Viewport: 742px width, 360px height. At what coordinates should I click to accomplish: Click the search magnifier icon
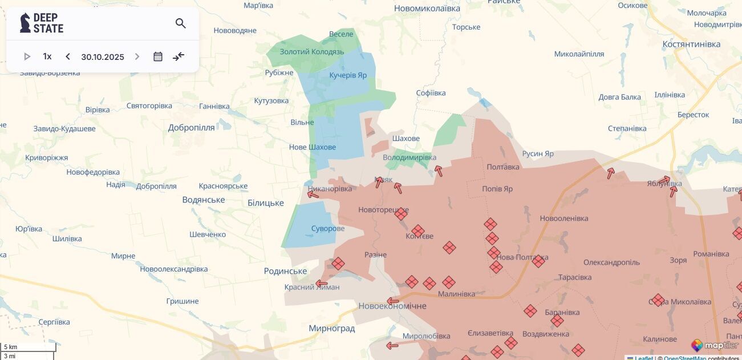tap(181, 23)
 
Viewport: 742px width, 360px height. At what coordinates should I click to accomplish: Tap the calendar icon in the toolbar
tap(158, 56)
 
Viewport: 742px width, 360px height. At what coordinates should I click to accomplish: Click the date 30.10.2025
tap(103, 57)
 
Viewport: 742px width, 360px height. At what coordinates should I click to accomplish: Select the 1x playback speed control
tap(47, 56)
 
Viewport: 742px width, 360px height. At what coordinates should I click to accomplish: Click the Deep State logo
tap(42, 23)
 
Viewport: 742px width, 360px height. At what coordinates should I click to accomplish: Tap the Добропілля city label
tap(191, 128)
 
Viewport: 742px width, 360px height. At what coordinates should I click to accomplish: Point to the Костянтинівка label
tap(691, 45)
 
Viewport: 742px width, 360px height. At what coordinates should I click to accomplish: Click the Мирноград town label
tap(331, 329)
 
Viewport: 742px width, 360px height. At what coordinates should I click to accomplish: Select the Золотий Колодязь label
tap(312, 52)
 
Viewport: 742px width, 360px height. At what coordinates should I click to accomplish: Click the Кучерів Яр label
tap(348, 75)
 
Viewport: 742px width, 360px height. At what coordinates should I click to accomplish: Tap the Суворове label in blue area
tap(328, 229)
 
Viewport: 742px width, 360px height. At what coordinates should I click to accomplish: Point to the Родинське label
tap(285, 272)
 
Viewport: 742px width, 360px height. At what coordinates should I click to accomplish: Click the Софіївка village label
tap(431, 93)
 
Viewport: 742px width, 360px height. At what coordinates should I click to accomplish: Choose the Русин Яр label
tap(538, 154)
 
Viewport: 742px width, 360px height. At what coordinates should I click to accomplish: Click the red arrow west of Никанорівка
tap(313, 195)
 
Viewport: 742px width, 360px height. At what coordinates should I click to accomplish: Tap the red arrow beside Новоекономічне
tap(392, 301)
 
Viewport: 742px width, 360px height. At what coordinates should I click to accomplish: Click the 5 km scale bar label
tap(11, 347)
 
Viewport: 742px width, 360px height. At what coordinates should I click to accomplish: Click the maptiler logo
tap(715, 345)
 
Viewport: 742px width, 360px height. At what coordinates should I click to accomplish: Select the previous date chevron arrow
tap(68, 56)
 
